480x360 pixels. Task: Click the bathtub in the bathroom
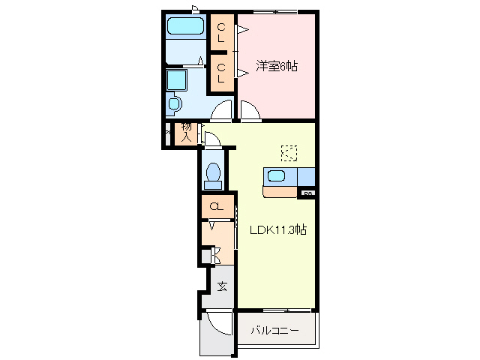[184, 28]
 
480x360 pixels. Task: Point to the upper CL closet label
[221, 33]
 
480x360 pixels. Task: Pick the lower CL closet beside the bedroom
[221, 73]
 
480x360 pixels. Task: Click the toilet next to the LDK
[213, 175]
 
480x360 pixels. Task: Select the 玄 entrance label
[223, 286]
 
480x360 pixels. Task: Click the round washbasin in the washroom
[175, 103]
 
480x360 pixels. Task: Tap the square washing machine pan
[178, 81]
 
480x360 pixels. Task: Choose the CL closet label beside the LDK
[215, 206]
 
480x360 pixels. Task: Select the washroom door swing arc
[223, 111]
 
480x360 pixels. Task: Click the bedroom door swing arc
[251, 111]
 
